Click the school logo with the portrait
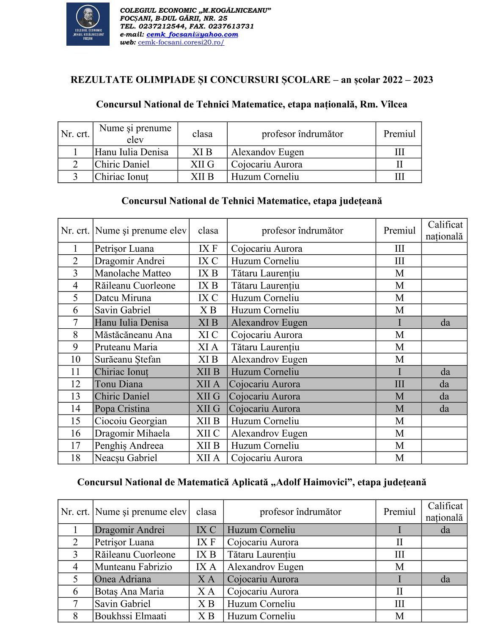click(x=88, y=24)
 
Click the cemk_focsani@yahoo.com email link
click(x=192, y=35)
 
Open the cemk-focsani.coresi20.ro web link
click(x=181, y=43)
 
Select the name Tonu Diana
click(x=118, y=384)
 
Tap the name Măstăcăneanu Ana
click(x=133, y=335)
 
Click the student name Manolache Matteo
click(x=132, y=273)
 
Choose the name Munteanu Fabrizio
click(x=133, y=567)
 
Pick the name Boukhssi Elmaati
click(x=130, y=616)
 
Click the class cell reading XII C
click(x=208, y=433)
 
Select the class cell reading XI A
click(x=208, y=347)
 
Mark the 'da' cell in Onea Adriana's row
click(x=445, y=579)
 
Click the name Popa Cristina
click(x=122, y=409)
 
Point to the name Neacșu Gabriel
click(x=126, y=458)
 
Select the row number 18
click(x=75, y=458)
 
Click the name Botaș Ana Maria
click(x=129, y=591)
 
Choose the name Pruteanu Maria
click(x=126, y=347)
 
